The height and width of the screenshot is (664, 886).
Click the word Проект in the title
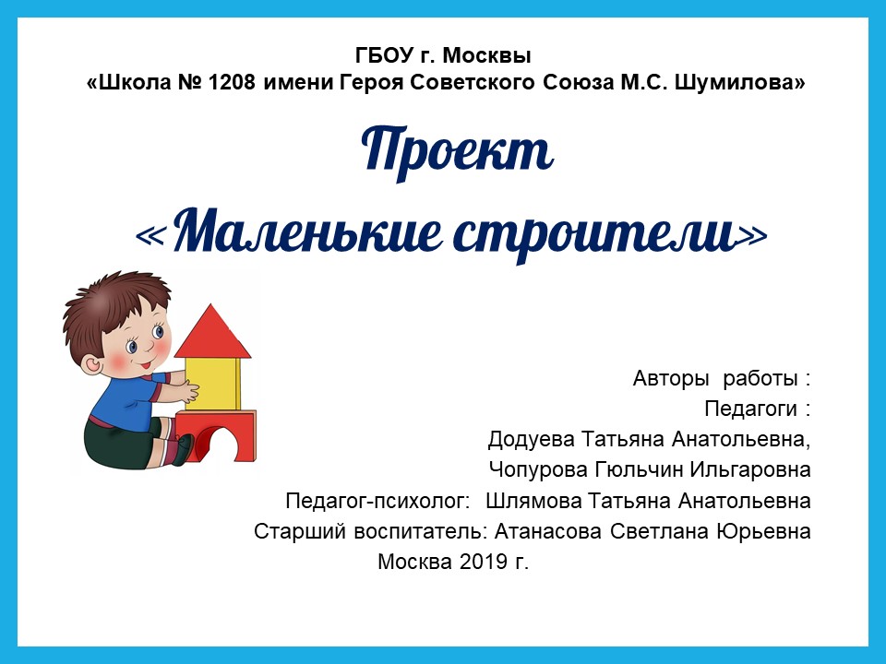[x=457, y=150]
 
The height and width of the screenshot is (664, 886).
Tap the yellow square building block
[x=212, y=384]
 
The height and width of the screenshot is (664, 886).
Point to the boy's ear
[x=90, y=364]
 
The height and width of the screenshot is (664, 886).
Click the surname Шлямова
[x=533, y=501]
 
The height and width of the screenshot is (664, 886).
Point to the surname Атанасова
[x=547, y=531]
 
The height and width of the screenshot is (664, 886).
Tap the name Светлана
[x=659, y=531]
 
